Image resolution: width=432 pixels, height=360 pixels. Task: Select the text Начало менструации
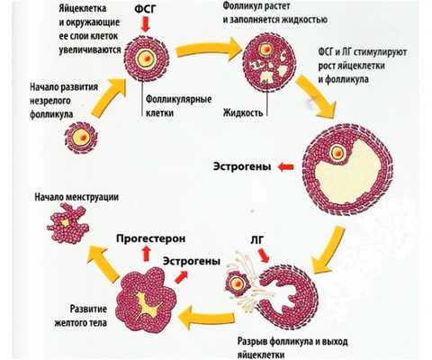coord(76,196)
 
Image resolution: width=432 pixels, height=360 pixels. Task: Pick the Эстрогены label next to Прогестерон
coord(192,262)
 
